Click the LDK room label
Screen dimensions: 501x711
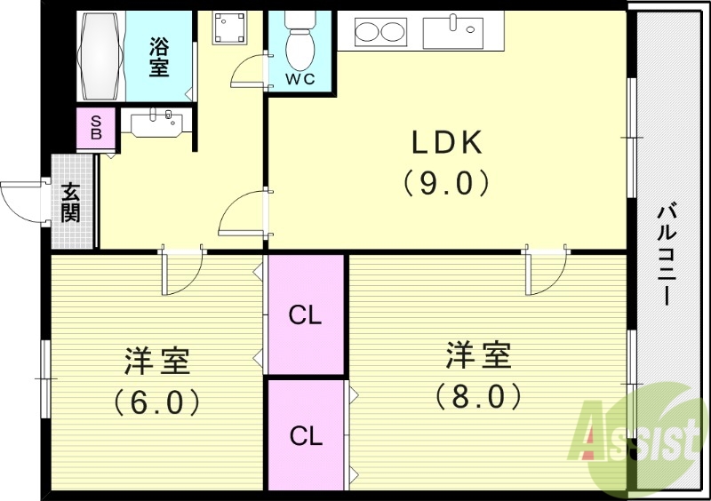(446, 142)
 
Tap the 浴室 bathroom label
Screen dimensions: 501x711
(159, 55)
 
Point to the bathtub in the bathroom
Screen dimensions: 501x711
(104, 55)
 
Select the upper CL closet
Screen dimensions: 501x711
(306, 314)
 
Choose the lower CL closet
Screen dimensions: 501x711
(306, 435)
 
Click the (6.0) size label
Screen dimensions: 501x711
(156, 402)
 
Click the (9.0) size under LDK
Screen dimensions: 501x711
(446, 182)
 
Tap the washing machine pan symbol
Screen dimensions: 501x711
(230, 29)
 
